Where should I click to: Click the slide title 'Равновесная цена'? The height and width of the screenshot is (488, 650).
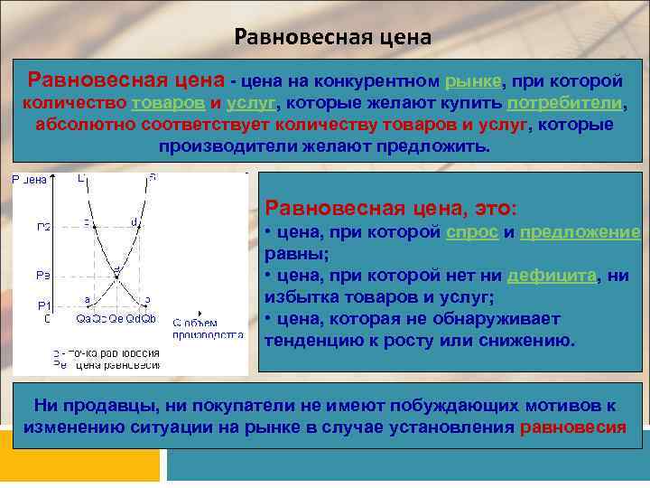(x=332, y=38)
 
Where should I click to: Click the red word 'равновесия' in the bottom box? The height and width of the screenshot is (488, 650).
(x=573, y=427)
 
